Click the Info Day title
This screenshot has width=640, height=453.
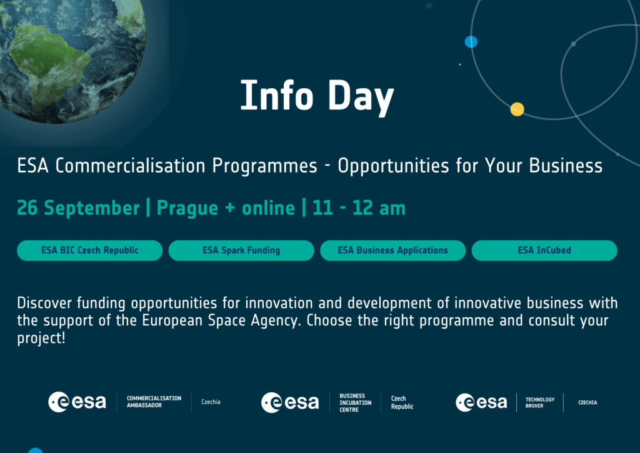(317, 96)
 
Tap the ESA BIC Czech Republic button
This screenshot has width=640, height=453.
(90, 250)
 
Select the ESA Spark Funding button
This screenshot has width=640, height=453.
(241, 250)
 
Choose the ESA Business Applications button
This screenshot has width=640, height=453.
(392, 250)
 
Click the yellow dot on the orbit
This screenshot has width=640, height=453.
(517, 109)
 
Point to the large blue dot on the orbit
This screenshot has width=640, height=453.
(471, 42)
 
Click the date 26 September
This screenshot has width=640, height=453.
(78, 208)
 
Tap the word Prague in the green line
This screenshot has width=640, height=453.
(187, 208)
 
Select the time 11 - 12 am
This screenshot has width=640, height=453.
(359, 208)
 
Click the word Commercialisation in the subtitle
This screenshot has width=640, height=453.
(130, 166)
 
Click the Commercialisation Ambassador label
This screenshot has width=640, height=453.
(154, 402)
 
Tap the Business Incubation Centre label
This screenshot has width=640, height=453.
(356, 403)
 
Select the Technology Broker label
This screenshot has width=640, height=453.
(540, 403)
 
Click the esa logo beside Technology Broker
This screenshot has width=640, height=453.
(481, 402)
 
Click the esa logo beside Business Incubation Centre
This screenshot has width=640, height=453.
(290, 402)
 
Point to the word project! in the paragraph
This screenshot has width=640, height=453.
(41, 338)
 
